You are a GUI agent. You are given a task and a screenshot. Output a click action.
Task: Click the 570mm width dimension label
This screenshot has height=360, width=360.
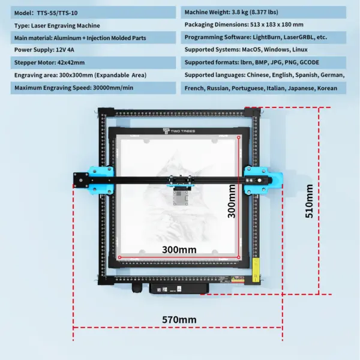coord(179,320)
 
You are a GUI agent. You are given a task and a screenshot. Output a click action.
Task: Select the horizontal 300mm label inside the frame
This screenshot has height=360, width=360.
coord(179,249)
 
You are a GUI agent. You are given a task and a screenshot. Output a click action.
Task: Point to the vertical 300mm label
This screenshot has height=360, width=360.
coord(232,202)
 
